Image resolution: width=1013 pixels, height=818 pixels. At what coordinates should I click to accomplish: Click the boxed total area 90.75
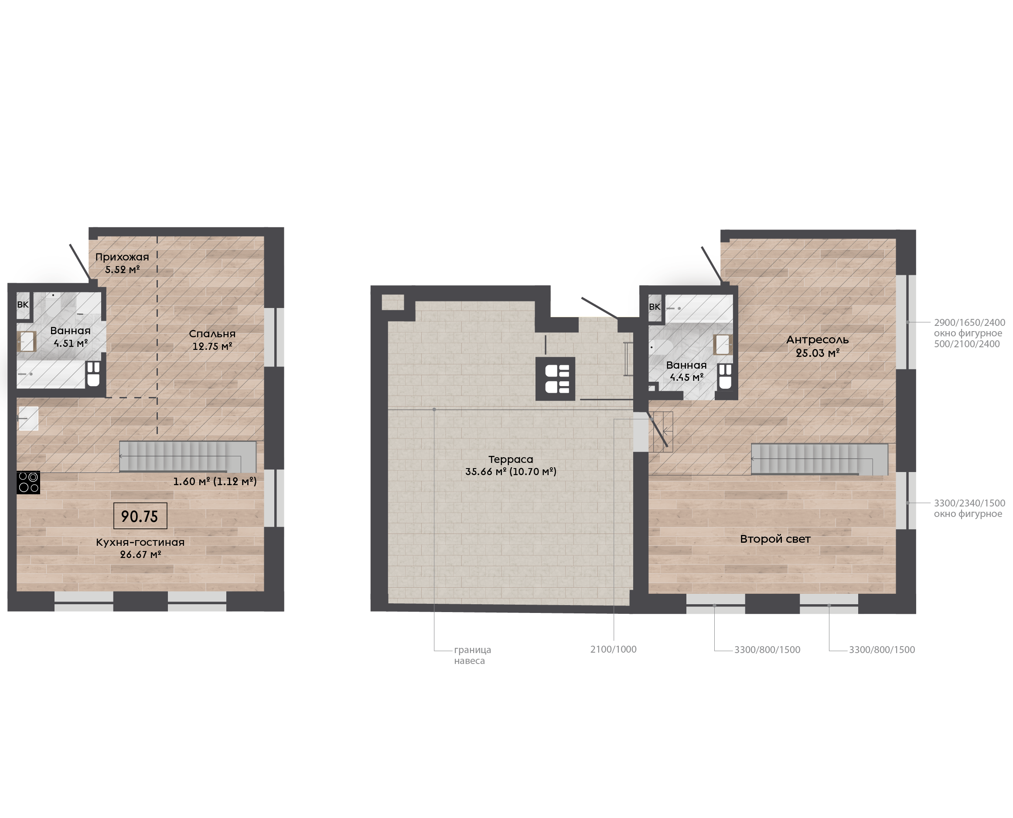click(140, 516)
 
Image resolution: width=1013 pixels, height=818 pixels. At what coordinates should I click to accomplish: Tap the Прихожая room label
click(122, 257)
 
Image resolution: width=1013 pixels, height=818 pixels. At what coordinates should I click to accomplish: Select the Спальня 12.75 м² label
click(212, 340)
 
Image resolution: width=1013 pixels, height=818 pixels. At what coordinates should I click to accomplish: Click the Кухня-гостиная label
click(140, 542)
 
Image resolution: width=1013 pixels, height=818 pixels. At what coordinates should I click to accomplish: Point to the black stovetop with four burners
click(28, 483)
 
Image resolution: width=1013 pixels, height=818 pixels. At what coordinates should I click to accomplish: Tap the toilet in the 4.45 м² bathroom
click(725, 376)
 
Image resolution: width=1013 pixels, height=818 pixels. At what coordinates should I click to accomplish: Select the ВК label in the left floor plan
click(23, 305)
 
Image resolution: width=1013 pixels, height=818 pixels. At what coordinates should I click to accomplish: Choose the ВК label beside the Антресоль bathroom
click(655, 307)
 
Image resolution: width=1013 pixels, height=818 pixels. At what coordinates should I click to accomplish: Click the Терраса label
click(511, 459)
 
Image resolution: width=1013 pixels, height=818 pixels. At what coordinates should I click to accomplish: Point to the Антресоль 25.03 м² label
click(818, 346)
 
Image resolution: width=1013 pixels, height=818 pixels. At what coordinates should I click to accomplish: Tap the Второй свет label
click(775, 539)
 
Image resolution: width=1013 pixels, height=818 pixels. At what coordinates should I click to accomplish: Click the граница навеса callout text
click(472, 655)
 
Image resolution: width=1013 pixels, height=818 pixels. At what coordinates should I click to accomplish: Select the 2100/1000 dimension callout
click(613, 649)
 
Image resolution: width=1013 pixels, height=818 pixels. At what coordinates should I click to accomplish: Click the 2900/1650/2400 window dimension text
click(970, 323)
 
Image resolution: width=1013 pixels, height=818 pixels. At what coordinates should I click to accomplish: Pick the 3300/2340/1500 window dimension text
click(970, 503)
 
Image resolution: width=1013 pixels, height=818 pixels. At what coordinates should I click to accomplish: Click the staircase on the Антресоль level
click(819, 459)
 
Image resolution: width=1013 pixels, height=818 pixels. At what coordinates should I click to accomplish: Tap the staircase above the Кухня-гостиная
click(188, 457)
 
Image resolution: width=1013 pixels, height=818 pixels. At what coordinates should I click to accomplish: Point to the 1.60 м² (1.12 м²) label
click(215, 482)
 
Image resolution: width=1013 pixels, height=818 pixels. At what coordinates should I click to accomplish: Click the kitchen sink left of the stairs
click(28, 418)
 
